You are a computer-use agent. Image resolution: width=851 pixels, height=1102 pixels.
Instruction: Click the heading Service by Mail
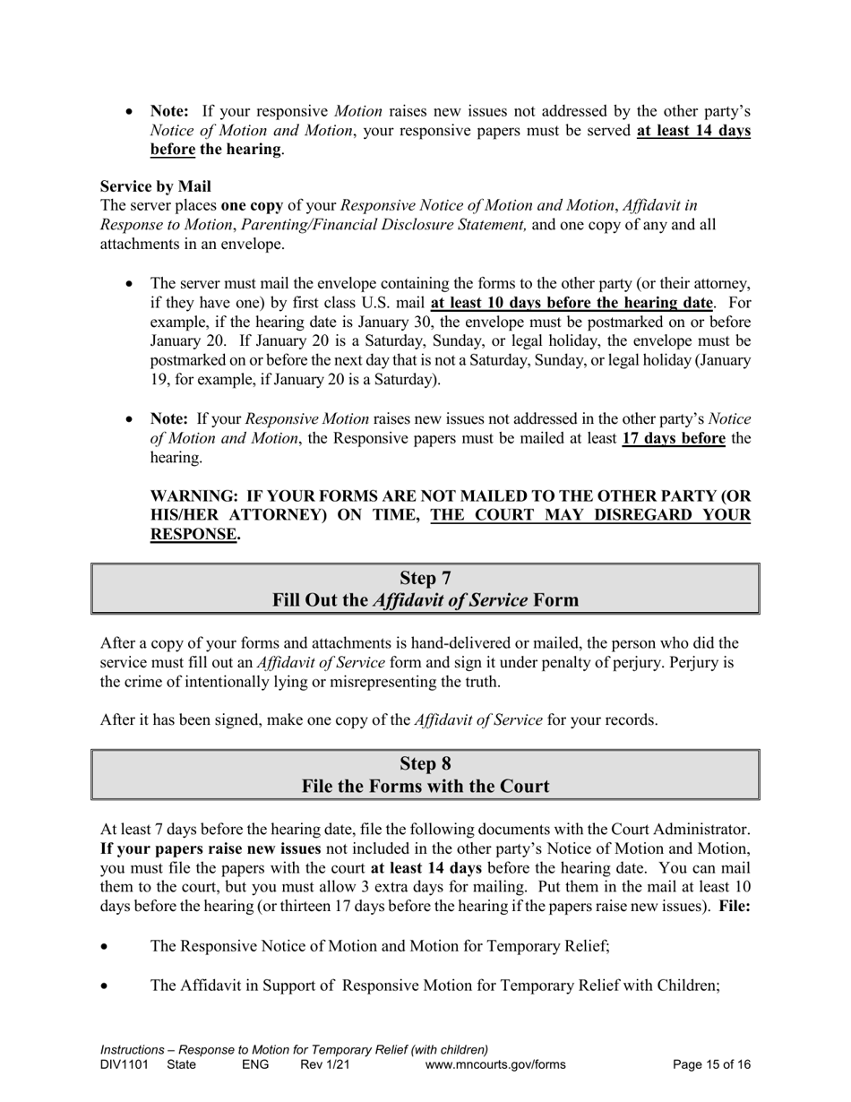click(156, 186)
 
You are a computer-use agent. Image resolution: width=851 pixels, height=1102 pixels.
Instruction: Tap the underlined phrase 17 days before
click(673, 438)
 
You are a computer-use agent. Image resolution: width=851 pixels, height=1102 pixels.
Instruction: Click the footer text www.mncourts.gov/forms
click(495, 1065)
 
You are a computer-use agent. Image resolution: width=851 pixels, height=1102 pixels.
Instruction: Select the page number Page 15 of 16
click(711, 1065)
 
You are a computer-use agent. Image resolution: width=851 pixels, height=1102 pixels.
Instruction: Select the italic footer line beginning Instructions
click(294, 1049)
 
